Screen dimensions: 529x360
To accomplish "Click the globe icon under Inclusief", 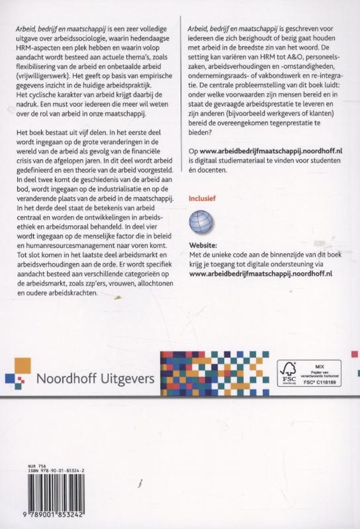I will [x=201, y=223].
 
